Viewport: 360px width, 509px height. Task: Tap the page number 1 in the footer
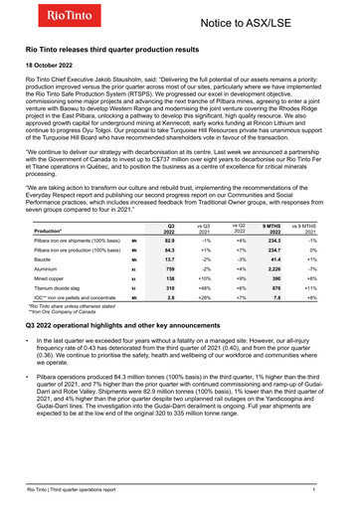point(313,491)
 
